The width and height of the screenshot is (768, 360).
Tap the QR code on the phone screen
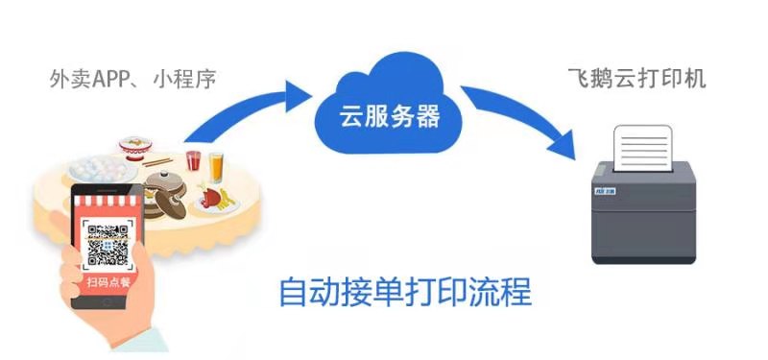pyautogui.click(x=108, y=244)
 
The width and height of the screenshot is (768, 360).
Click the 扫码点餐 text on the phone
pyautogui.click(x=108, y=281)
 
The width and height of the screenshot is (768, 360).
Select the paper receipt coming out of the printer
pyautogui.click(x=644, y=148)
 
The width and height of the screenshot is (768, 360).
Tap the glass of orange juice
pyautogui.click(x=216, y=167)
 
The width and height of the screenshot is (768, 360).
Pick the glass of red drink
pyautogui.click(x=194, y=161)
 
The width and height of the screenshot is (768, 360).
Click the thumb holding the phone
pyautogui.click(x=64, y=274)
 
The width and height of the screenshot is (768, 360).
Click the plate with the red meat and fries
pyautogui.click(x=216, y=200)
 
